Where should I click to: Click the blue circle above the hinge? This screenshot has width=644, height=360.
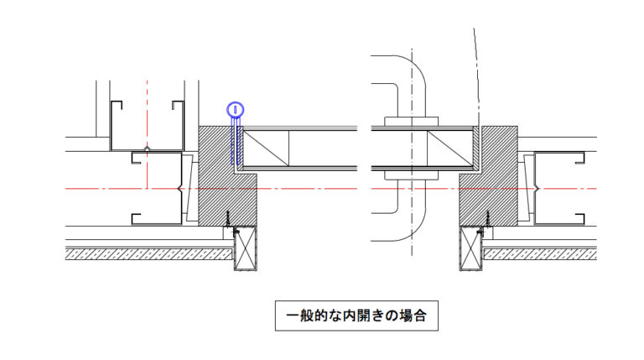click(236, 109)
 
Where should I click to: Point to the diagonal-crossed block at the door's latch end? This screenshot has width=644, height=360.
click(451, 149)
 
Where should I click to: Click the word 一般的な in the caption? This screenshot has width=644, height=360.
click(310, 317)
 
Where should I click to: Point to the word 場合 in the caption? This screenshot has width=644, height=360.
click(411, 317)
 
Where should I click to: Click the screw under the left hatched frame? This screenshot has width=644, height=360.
click(227, 220)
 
